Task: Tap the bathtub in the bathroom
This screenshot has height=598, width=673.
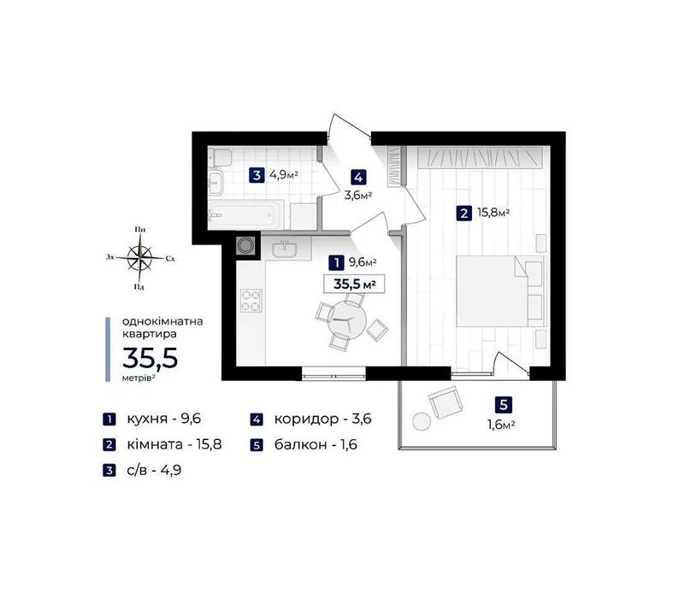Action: (245, 214)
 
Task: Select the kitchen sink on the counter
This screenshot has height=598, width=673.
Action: (284, 249)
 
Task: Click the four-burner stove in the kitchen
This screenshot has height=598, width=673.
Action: (251, 301)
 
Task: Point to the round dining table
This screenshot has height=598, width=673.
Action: (347, 321)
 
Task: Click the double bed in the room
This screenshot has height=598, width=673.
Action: (501, 290)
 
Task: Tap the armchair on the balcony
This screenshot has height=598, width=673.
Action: (445, 402)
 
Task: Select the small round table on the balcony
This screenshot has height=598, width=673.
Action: (422, 421)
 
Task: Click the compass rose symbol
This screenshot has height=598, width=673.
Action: (140, 258)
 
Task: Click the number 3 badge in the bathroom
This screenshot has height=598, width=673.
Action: (257, 175)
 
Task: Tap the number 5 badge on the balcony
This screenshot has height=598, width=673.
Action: (503, 404)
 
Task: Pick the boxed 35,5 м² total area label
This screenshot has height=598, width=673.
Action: (354, 284)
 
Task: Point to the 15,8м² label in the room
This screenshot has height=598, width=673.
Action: (493, 213)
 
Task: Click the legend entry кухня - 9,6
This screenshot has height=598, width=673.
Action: (164, 419)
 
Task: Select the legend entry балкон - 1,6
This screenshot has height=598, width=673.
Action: (316, 444)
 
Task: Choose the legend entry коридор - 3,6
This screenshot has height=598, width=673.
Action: (322, 419)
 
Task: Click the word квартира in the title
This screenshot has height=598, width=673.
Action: (150, 333)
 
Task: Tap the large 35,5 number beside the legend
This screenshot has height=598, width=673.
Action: (151, 358)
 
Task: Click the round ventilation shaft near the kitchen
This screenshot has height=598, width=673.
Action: (245, 246)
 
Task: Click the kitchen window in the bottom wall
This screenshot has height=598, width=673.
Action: (334, 373)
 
